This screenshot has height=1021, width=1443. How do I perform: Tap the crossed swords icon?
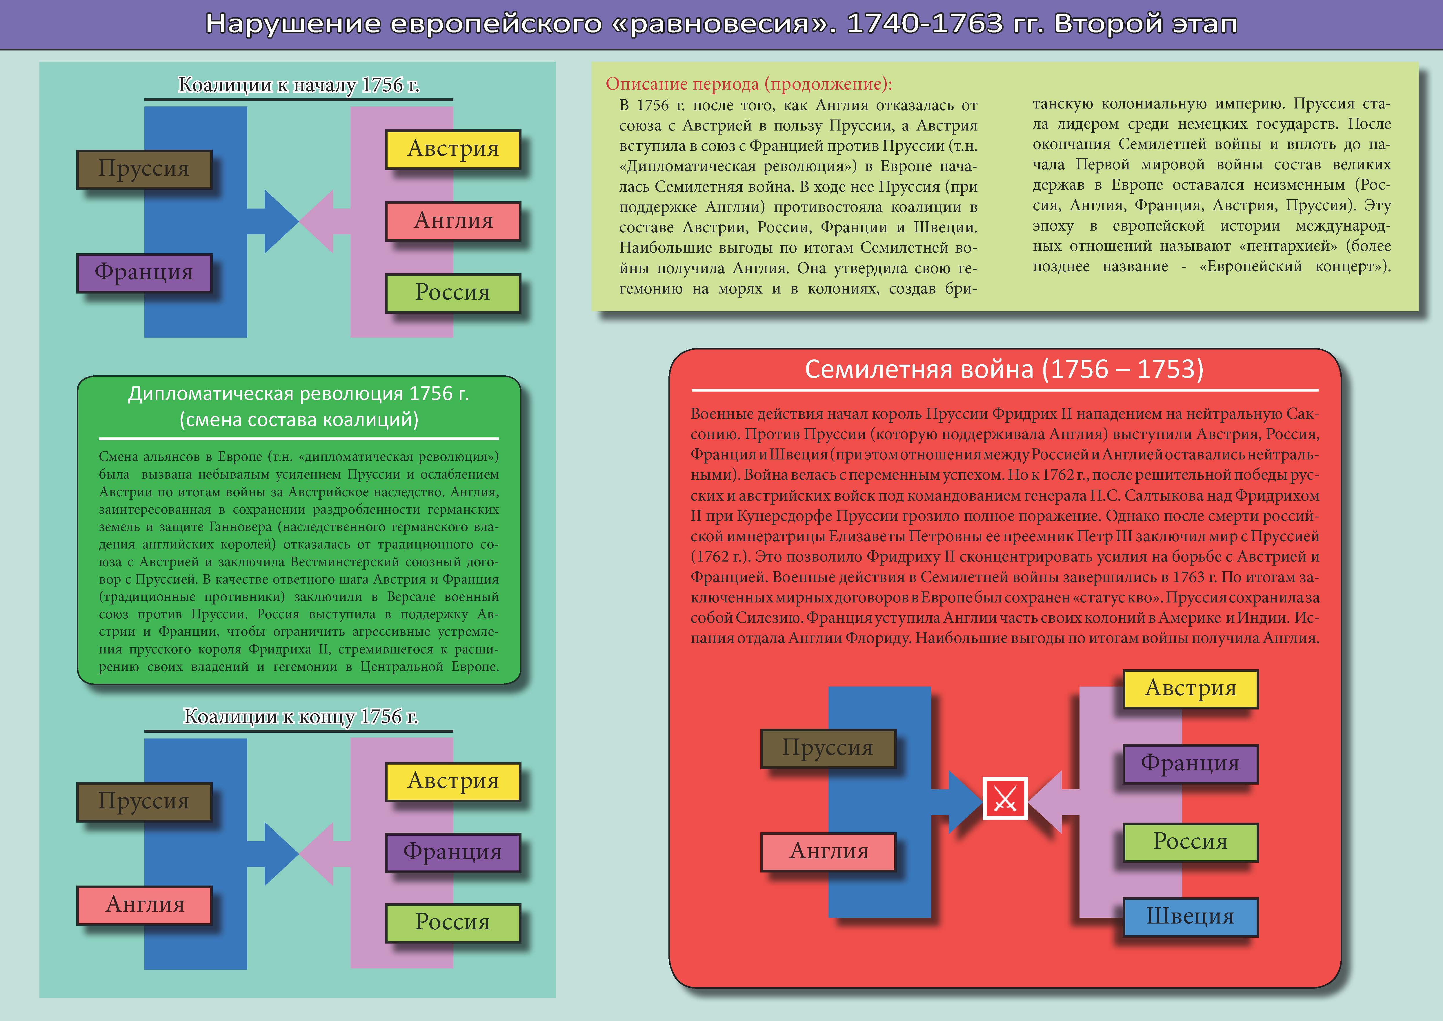(1004, 799)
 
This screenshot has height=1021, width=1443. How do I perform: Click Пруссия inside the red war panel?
(828, 748)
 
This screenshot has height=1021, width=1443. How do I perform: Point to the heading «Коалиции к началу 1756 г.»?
(299, 85)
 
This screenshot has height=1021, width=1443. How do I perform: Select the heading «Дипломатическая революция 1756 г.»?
(299, 394)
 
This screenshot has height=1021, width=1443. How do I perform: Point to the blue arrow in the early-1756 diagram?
(277, 221)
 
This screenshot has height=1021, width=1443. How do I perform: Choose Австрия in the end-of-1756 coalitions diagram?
(452, 781)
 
